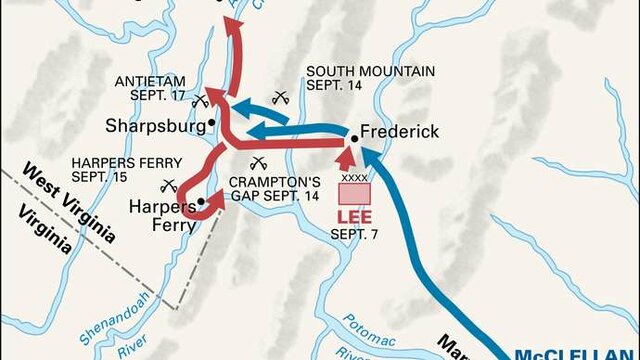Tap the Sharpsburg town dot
coord(212,123)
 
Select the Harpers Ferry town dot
coord(201,201)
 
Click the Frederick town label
coord(399,131)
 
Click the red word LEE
coord(353,216)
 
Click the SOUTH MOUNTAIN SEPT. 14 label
coord(370,78)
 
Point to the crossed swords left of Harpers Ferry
coord(168,185)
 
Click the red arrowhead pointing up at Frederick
coord(345,155)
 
